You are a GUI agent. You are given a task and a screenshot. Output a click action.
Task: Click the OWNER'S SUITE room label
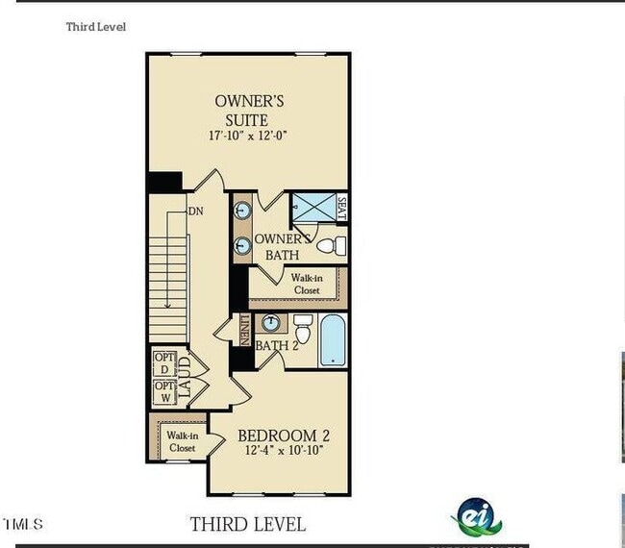point(248,111)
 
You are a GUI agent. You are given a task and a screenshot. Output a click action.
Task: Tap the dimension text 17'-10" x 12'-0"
point(248,137)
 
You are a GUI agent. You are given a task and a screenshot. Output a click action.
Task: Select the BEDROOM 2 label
point(284,436)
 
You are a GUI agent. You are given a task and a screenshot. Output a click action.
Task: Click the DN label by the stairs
point(195,212)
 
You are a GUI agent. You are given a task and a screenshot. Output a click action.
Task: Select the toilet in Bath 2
point(302,330)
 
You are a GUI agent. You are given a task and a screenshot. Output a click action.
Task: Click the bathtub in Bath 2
point(333,341)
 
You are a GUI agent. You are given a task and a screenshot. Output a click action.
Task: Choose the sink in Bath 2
point(272,322)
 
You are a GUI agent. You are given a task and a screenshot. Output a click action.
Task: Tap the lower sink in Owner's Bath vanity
point(240,246)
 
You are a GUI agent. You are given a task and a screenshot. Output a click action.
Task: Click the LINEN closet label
point(245,330)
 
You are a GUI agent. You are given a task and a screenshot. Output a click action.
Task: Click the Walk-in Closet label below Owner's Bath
point(307,284)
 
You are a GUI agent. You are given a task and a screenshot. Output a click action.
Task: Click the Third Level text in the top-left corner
point(95,27)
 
